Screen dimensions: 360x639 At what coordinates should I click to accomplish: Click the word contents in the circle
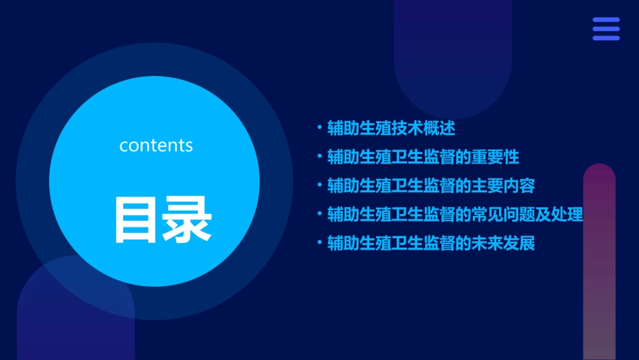[155, 145]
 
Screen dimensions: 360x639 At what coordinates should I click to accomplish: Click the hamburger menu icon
[605, 29]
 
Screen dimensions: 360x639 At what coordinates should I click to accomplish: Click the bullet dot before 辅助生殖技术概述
[319, 127]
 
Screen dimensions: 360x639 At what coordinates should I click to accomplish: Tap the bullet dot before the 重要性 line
[319, 157]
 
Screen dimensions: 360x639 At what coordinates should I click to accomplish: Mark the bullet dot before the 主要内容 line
[319, 186]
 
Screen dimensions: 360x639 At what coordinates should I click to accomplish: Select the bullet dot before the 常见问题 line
[319, 215]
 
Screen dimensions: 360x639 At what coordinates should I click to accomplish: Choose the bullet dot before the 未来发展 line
[319, 243]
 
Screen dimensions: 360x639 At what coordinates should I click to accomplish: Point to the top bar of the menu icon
[605, 20]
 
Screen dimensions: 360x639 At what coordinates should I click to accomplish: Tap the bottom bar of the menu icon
[605, 38]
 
